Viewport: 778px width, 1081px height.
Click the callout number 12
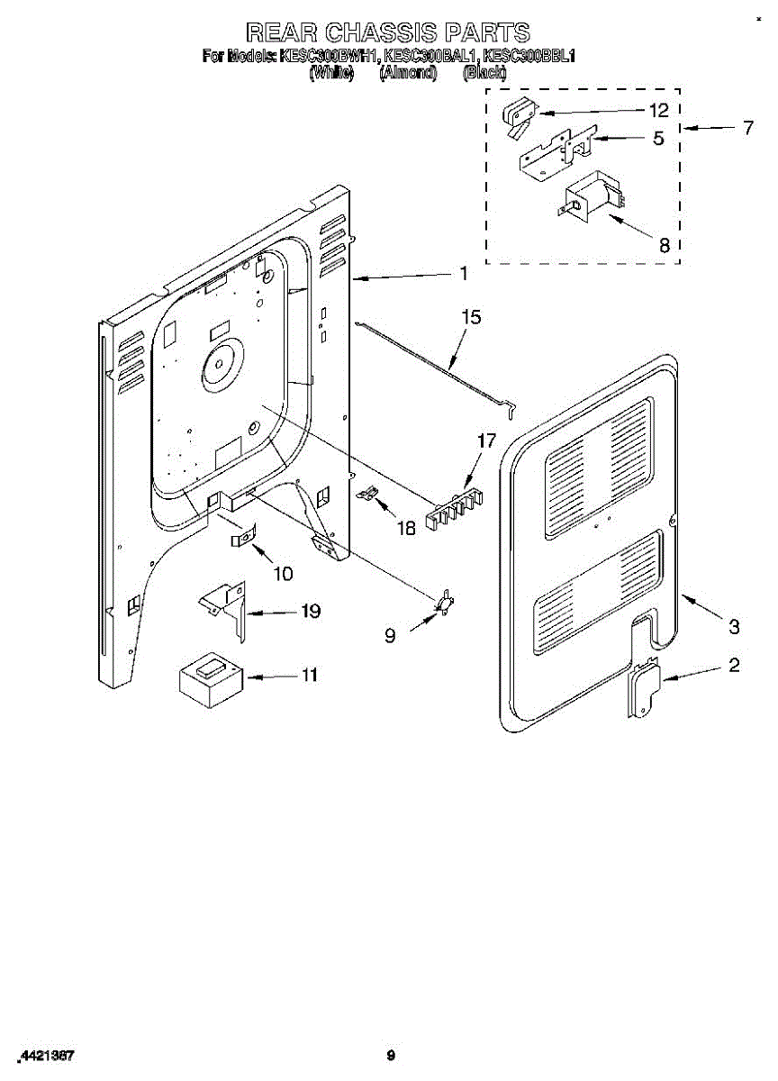tap(658, 111)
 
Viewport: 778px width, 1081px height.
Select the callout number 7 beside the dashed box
tap(747, 128)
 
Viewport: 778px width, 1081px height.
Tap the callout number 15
tap(471, 317)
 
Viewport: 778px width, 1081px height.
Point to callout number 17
tap(486, 441)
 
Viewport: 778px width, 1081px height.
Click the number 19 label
tap(310, 612)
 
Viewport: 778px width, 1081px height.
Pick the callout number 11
tap(309, 675)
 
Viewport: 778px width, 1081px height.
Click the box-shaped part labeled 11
tap(211, 680)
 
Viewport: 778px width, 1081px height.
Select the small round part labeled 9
tap(445, 603)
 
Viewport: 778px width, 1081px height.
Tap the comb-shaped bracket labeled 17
tap(455, 509)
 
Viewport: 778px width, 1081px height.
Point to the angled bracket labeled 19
tap(225, 610)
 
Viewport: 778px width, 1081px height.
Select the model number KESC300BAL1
tap(430, 57)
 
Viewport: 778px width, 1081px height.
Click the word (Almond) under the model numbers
tap(408, 73)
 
